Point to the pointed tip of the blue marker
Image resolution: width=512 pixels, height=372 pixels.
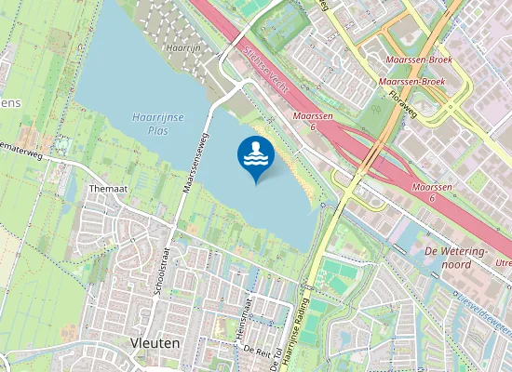(256, 182)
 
